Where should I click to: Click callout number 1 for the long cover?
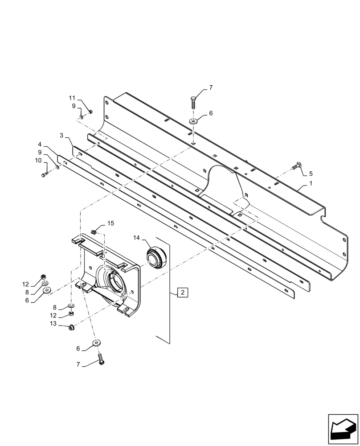coord(311,184)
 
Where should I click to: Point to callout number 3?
coord(61,135)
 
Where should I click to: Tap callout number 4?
coord(40,145)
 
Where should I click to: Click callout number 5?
coord(311,173)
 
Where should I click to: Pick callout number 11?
coord(72,98)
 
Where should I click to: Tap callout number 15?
coord(110,223)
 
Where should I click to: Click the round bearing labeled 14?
coord(157,258)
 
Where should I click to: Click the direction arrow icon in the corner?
coord(343,429)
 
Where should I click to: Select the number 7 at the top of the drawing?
coord(211,88)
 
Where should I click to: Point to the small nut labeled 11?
coord(90,111)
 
